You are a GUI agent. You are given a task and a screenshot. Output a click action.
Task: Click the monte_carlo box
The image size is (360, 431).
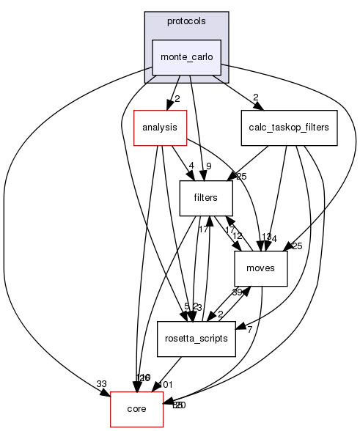186,57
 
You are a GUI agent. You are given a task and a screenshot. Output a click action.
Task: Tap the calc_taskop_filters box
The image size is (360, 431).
288,128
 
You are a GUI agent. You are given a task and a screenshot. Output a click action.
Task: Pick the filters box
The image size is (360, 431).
207,198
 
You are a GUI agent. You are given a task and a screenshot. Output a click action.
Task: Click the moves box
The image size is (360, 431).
260,268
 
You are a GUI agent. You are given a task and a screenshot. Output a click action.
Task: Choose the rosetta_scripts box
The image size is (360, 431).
196,339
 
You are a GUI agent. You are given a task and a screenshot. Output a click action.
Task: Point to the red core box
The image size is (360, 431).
136,409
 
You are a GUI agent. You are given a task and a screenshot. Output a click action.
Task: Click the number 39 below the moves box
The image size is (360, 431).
238,292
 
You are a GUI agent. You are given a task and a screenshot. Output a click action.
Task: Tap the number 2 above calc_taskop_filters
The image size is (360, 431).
255,98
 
